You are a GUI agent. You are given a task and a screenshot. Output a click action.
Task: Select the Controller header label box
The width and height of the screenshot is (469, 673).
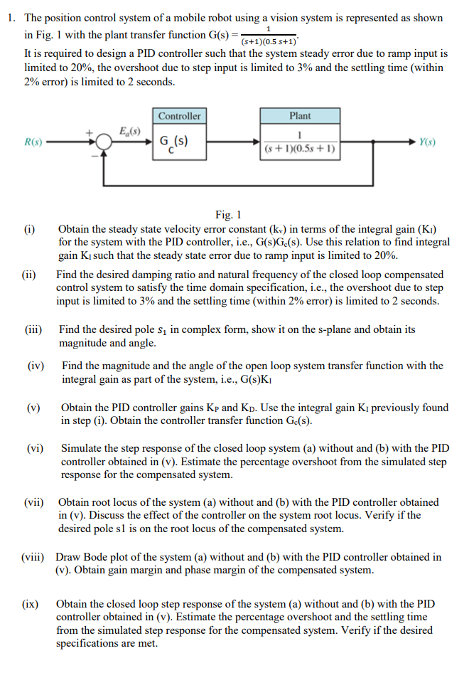(179, 116)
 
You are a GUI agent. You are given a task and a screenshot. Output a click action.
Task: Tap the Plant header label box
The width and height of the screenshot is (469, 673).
(300, 116)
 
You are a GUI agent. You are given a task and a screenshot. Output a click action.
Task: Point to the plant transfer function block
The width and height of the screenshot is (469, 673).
(300, 142)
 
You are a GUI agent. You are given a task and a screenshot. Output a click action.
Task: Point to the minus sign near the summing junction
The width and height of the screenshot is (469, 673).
(92, 156)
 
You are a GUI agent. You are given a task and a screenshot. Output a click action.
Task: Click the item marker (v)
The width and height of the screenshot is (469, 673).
(32, 408)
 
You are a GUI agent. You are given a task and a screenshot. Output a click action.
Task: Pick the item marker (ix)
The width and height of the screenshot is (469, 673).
(31, 604)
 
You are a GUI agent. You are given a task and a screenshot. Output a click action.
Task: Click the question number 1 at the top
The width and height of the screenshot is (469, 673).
(12, 18)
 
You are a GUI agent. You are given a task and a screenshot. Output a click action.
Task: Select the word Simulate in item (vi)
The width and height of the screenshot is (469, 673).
(83, 449)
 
